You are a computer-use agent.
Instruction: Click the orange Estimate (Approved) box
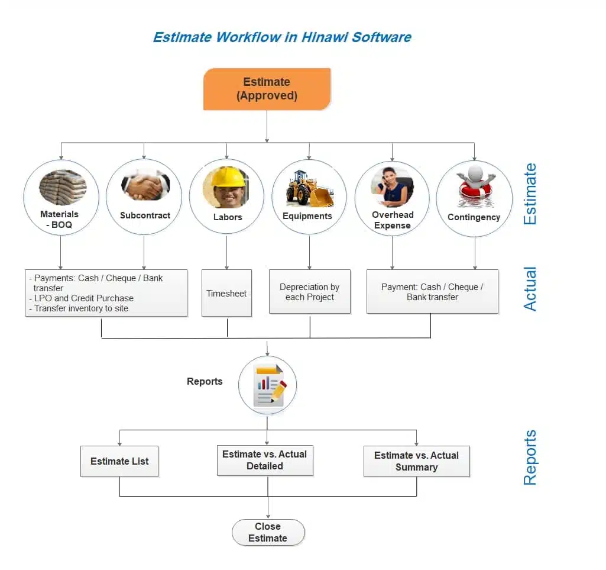point(267,89)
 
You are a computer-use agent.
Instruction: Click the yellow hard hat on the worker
point(228,176)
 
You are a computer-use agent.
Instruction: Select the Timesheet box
point(226,293)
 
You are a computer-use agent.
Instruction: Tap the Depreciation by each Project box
point(309,292)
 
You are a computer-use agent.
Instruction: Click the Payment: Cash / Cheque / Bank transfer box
point(432,292)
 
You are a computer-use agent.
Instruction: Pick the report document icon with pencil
point(269,385)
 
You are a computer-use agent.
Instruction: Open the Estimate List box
point(119,462)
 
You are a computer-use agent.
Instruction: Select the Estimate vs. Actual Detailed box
point(264,460)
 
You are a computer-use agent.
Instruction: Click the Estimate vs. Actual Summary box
point(416,462)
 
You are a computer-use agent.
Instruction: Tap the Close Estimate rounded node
point(268,532)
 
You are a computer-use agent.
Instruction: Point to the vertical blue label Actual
point(530,288)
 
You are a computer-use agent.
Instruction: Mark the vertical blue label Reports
point(530,458)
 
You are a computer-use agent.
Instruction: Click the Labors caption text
point(228,217)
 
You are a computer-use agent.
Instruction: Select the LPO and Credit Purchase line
point(83,298)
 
